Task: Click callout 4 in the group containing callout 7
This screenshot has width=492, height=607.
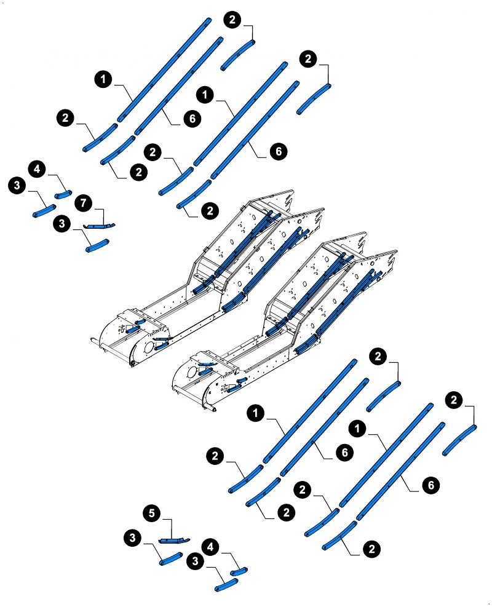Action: [37, 169]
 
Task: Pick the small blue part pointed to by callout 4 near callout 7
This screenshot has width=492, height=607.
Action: [63, 195]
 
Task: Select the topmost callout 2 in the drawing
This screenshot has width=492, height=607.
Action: [232, 20]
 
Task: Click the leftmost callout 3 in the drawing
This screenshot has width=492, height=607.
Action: [17, 185]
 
